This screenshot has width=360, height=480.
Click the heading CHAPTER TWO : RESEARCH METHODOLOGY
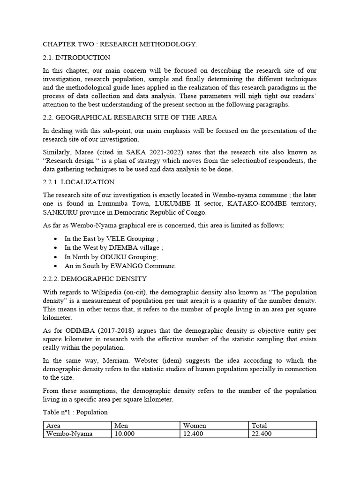tap(120, 45)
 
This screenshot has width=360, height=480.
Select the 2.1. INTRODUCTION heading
tap(76, 58)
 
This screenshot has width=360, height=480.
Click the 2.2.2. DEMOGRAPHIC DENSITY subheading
tap(95, 279)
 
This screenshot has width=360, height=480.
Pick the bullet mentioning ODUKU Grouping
tap(111, 257)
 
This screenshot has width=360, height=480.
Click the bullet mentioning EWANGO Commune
tap(120, 266)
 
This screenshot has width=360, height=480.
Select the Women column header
tap(195, 426)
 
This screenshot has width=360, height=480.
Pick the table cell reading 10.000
tap(124, 434)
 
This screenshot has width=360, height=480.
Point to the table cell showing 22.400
tap(262, 434)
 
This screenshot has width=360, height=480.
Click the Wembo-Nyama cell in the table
tap(69, 434)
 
